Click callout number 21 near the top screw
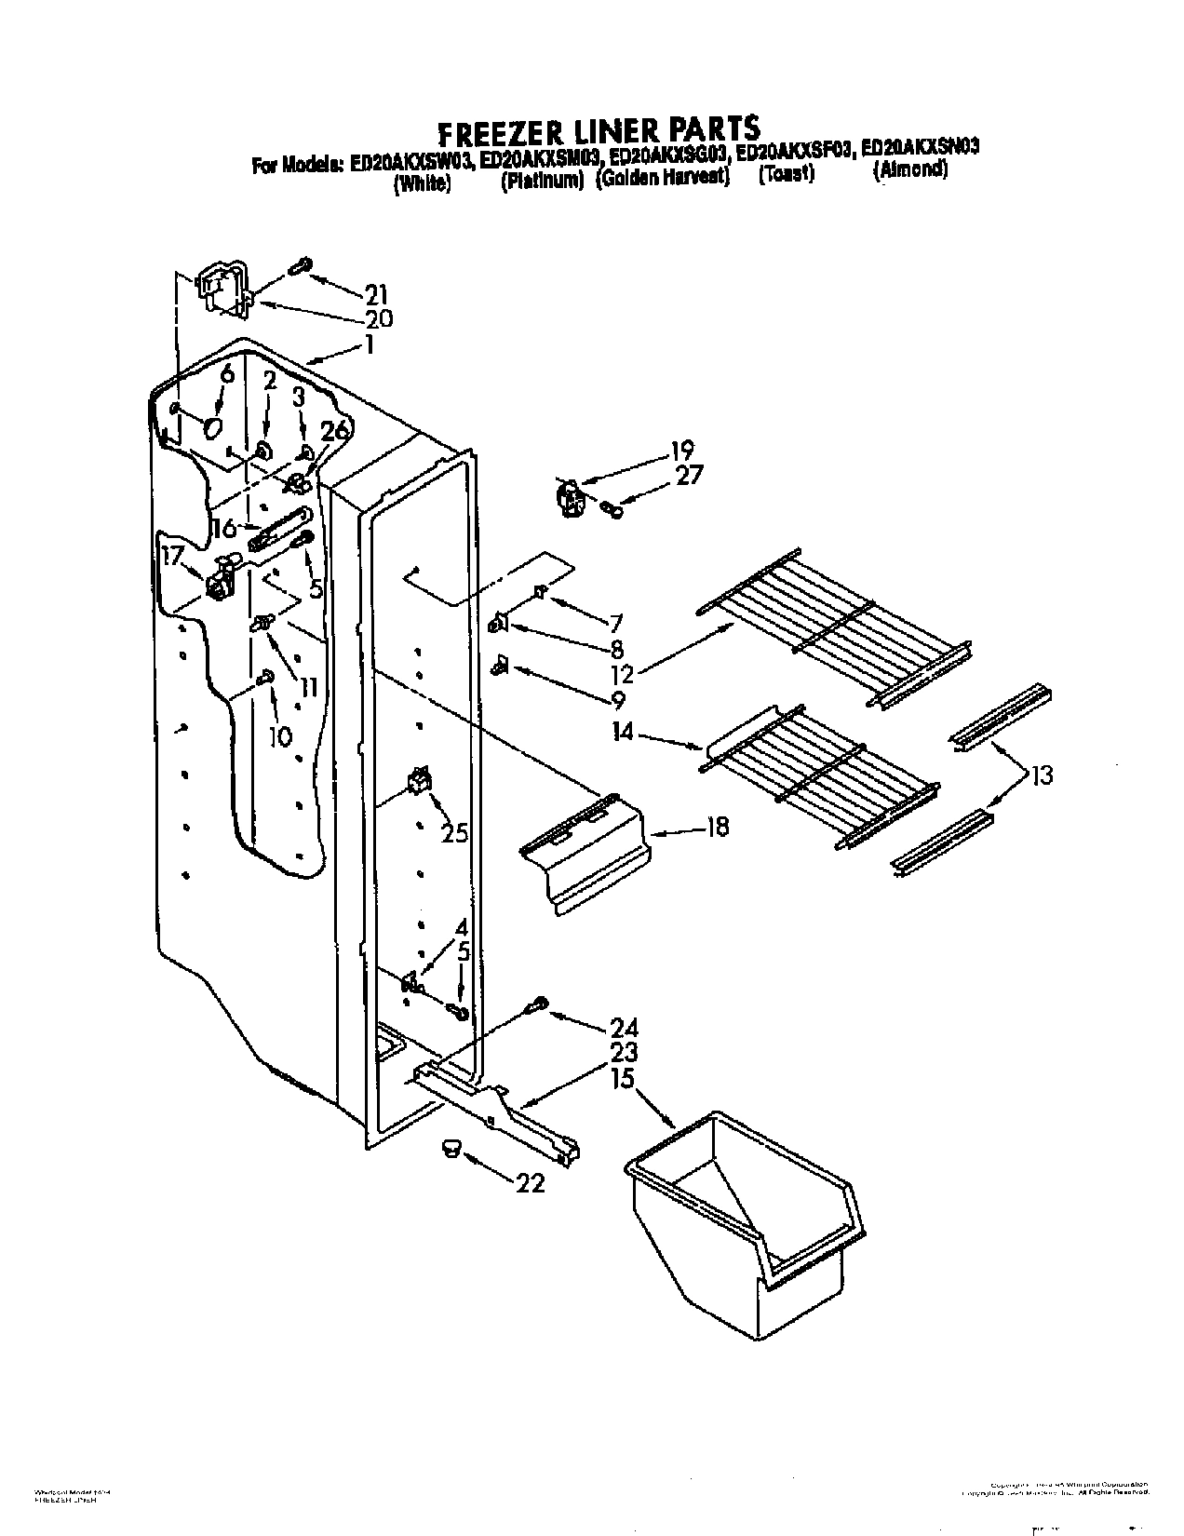click(375, 296)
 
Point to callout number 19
click(680, 451)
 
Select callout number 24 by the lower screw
click(624, 1029)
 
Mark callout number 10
click(279, 736)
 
